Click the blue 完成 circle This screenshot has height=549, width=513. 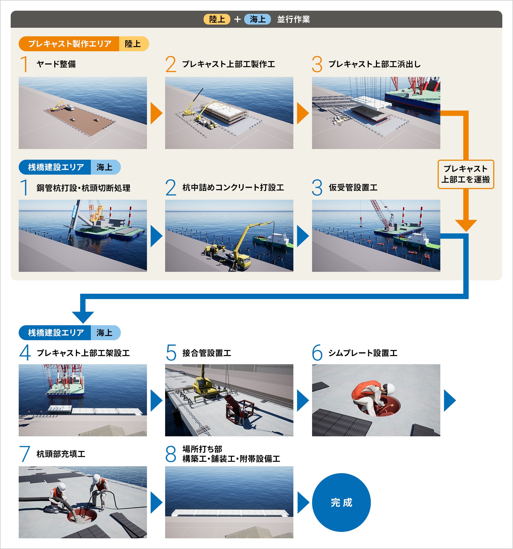point(341,502)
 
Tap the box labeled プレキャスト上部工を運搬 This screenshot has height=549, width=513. point(465,174)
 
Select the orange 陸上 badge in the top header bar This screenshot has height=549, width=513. point(217,19)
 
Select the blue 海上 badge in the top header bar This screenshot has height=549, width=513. point(257,19)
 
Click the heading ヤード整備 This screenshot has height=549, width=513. point(56,64)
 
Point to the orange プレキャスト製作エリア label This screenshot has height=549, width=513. point(69,44)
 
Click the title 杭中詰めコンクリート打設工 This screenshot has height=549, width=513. point(233,187)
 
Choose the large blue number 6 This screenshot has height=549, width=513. point(317,353)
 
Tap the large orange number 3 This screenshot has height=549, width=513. point(317,64)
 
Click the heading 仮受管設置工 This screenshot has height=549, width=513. point(353,187)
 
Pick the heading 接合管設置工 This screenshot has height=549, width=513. point(207,353)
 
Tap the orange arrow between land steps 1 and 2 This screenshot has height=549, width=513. point(156,113)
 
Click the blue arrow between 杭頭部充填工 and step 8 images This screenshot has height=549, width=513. point(156,502)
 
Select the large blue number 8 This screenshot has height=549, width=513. point(170,454)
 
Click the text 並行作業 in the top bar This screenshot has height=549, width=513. point(293,19)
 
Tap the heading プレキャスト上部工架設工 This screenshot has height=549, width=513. point(83,353)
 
